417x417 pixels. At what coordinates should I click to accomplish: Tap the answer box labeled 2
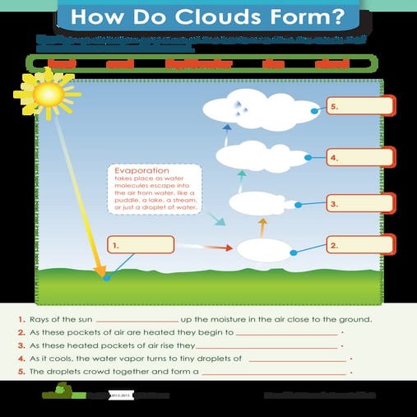point(359,245)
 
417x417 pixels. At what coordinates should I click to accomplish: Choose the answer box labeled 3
point(359,202)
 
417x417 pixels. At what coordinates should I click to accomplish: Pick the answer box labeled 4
point(359,156)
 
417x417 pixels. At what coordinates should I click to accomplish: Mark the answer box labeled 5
point(359,107)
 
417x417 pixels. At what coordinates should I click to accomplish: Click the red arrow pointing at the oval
point(218,246)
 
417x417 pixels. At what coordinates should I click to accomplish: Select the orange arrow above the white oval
point(262,225)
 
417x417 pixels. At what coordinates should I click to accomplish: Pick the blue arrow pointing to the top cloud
point(228,127)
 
